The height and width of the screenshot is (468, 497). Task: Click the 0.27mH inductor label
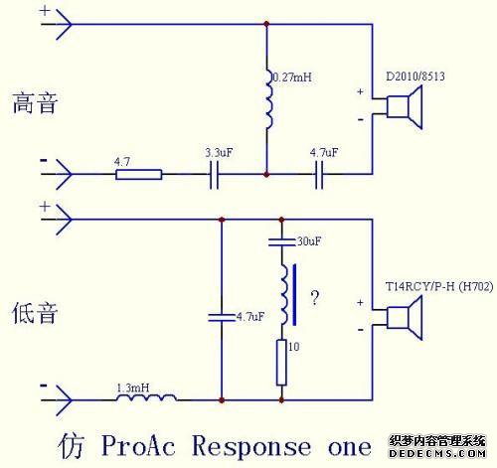pyautogui.click(x=292, y=78)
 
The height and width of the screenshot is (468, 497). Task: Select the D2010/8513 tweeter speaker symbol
pyautogui.click(x=405, y=106)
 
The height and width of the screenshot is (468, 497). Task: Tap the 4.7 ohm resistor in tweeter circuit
pyautogui.click(x=139, y=174)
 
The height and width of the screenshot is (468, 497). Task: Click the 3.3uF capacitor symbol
pyautogui.click(x=214, y=175)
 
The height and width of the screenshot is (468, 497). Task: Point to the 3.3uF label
pyautogui.click(x=219, y=152)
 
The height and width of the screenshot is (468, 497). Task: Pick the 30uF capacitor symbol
pyautogui.click(x=281, y=241)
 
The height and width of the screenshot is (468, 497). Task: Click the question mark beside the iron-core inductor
pyautogui.click(x=315, y=297)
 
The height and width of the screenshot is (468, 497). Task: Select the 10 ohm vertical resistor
pyautogui.click(x=281, y=363)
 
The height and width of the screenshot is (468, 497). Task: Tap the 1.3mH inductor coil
pyautogui.click(x=146, y=397)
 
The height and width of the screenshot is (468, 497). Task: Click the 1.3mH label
pyautogui.click(x=133, y=388)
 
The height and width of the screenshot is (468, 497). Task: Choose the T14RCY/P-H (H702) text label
pyautogui.click(x=439, y=286)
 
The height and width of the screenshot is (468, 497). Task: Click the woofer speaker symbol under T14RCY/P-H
pyautogui.click(x=405, y=318)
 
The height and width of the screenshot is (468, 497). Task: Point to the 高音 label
pyautogui.click(x=35, y=103)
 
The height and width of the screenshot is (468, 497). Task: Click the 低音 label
pyautogui.click(x=35, y=313)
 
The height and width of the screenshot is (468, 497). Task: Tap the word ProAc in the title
pyautogui.click(x=138, y=445)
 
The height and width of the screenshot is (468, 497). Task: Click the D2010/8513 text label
pyautogui.click(x=415, y=77)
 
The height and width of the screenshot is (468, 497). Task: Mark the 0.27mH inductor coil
pyautogui.click(x=268, y=99)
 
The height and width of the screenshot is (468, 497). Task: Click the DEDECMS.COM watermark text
pyautogui.click(x=437, y=453)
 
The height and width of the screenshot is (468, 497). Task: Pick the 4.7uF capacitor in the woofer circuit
pyautogui.click(x=222, y=317)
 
